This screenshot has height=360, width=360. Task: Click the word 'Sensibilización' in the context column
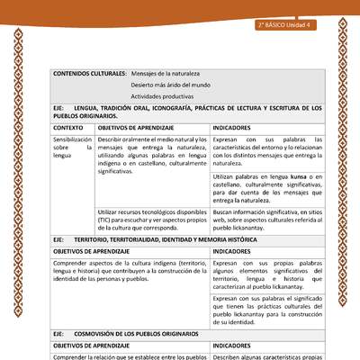pyautogui.click(x=72, y=140)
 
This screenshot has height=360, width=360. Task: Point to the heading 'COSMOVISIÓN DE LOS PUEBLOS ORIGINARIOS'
pyautogui.click(x=149, y=334)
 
